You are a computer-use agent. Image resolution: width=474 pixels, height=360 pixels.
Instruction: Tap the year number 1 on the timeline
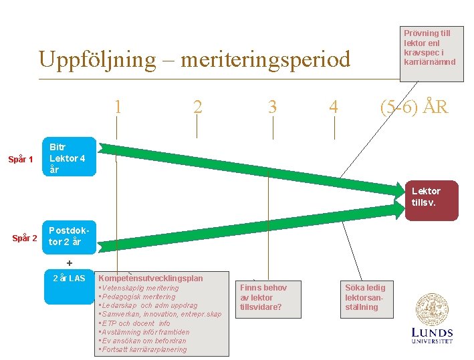pos(118,107)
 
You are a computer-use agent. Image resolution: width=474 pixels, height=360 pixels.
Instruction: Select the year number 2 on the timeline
pos(197,107)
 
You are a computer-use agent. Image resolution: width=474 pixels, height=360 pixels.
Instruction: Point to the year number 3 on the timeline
pos(272,107)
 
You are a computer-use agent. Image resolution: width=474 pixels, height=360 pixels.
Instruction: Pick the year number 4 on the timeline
pos(334,107)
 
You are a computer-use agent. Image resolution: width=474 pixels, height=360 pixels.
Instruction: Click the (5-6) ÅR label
pos(414,107)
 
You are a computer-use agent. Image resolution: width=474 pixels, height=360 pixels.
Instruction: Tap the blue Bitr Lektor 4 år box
pos(70,158)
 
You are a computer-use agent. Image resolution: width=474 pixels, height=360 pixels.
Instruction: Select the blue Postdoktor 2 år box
pos(70,237)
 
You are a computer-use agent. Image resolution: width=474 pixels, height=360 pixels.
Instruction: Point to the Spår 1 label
pos(21,159)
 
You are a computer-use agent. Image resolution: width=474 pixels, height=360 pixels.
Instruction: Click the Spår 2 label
pos(25,238)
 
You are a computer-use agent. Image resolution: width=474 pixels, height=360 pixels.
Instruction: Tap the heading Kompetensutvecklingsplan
pos(150,278)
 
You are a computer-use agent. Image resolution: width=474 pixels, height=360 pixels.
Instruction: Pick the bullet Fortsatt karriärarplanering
pos(143,349)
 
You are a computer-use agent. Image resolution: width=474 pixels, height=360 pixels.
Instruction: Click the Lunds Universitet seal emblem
pos(432,309)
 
